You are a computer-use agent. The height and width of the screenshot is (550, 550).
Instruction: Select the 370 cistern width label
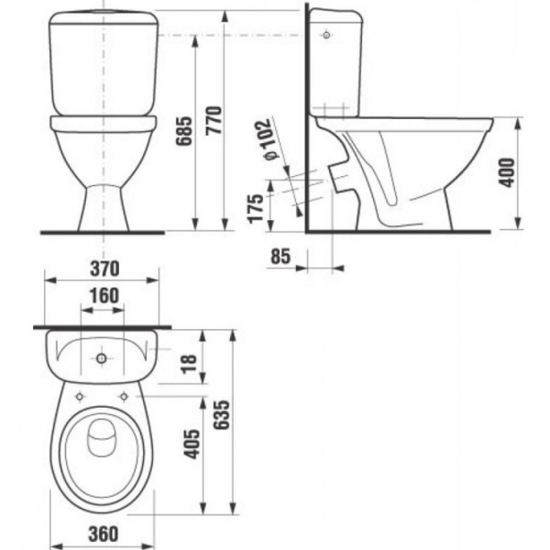pyautogui.click(x=103, y=268)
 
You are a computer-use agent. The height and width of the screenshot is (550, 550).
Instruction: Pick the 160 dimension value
pyautogui.click(x=103, y=295)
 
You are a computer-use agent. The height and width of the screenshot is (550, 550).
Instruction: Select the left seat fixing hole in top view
pyautogui.click(x=81, y=396)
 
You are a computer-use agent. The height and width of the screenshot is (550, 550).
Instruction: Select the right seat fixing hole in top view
pyautogui.click(x=124, y=396)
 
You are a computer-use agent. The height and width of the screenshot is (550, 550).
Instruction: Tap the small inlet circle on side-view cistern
pyautogui.click(x=327, y=36)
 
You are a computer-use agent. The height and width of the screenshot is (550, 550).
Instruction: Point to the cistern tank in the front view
pyautogui.click(x=102, y=60)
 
